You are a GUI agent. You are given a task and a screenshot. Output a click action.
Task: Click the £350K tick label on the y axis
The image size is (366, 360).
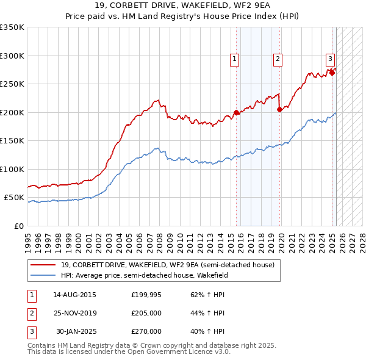coord(12,27)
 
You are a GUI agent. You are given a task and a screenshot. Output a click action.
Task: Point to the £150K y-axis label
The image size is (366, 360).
coord(12,141)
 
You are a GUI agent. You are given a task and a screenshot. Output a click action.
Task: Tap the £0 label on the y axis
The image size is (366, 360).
coord(18,226)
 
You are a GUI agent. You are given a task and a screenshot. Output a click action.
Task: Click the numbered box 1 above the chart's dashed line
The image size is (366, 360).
coord(234,59)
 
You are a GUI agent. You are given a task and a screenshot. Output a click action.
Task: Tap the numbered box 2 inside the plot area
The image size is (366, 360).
coord(278,59)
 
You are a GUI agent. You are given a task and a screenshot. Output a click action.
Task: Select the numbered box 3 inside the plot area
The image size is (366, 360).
coord(330,59)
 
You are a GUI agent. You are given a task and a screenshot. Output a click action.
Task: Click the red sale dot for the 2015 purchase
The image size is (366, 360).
coord(236,113)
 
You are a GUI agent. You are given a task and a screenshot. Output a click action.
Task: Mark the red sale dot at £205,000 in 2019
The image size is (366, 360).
coord(279,110)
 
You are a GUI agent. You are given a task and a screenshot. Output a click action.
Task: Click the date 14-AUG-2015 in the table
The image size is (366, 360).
coord(74,295)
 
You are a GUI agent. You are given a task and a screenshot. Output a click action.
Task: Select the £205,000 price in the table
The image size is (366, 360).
coord(146,313)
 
